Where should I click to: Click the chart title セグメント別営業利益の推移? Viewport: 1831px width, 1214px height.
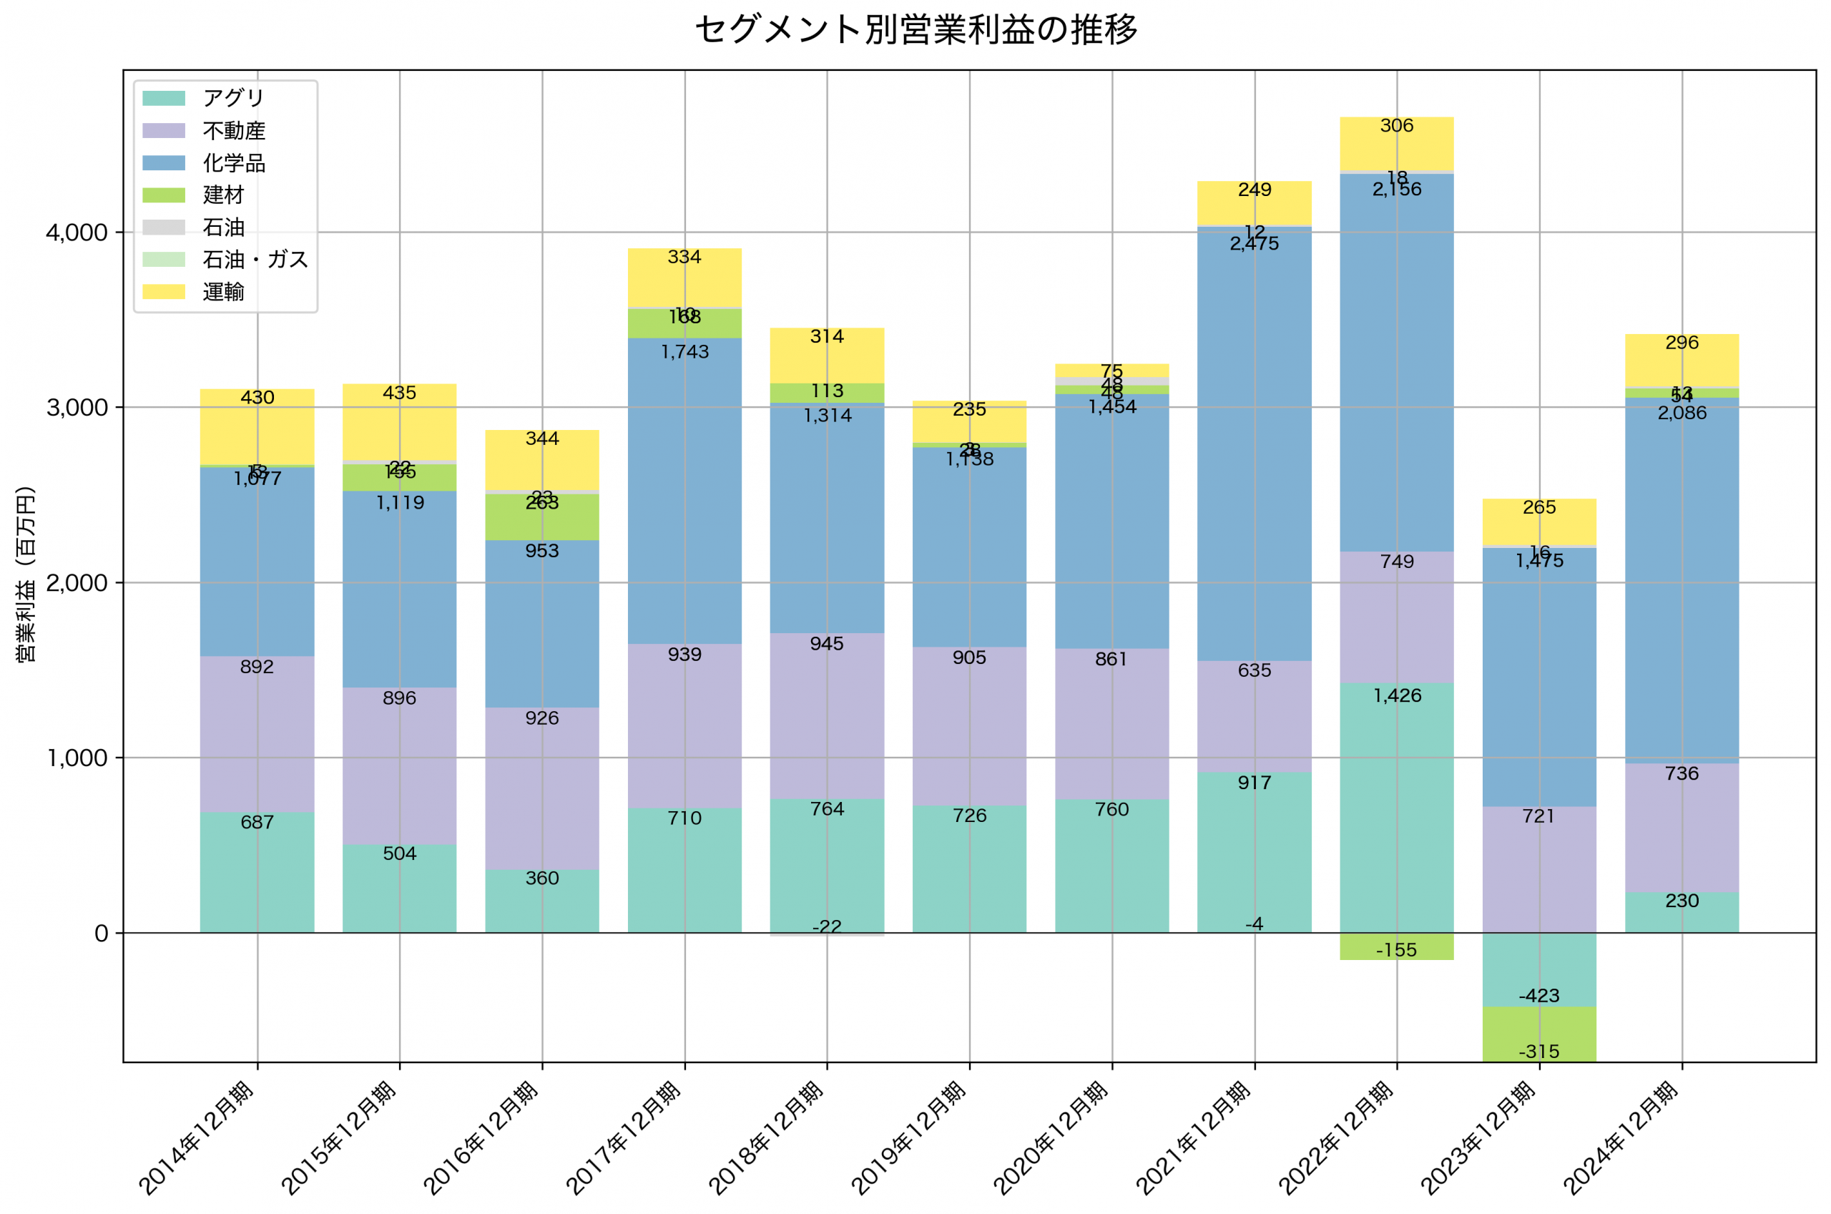(x=915, y=30)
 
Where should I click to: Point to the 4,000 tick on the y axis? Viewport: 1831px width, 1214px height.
(x=77, y=233)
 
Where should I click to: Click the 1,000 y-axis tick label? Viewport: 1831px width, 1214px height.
(x=77, y=758)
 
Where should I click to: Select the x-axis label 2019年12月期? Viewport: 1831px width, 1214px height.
(x=910, y=1138)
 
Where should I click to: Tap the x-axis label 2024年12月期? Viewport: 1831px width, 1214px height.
(x=1622, y=1138)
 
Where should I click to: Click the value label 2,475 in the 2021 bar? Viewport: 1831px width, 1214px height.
(x=1254, y=244)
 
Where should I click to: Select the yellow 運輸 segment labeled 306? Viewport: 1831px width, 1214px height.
(x=1396, y=143)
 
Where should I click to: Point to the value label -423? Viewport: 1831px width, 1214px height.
(x=1538, y=996)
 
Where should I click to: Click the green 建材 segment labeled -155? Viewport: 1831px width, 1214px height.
(x=1396, y=947)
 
